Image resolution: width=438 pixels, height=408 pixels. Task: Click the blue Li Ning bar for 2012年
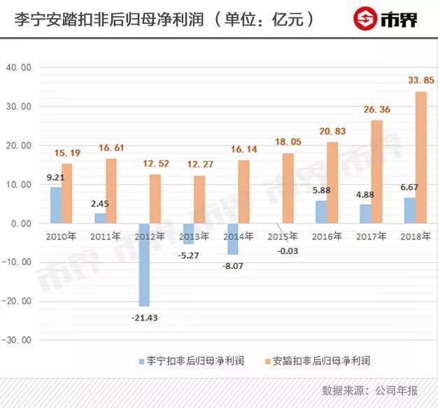pos(143,265)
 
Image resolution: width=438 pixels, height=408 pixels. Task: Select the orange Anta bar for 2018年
pos(421,157)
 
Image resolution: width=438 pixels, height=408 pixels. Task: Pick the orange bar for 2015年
pos(288,188)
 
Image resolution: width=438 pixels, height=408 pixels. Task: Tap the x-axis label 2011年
pos(106,237)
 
